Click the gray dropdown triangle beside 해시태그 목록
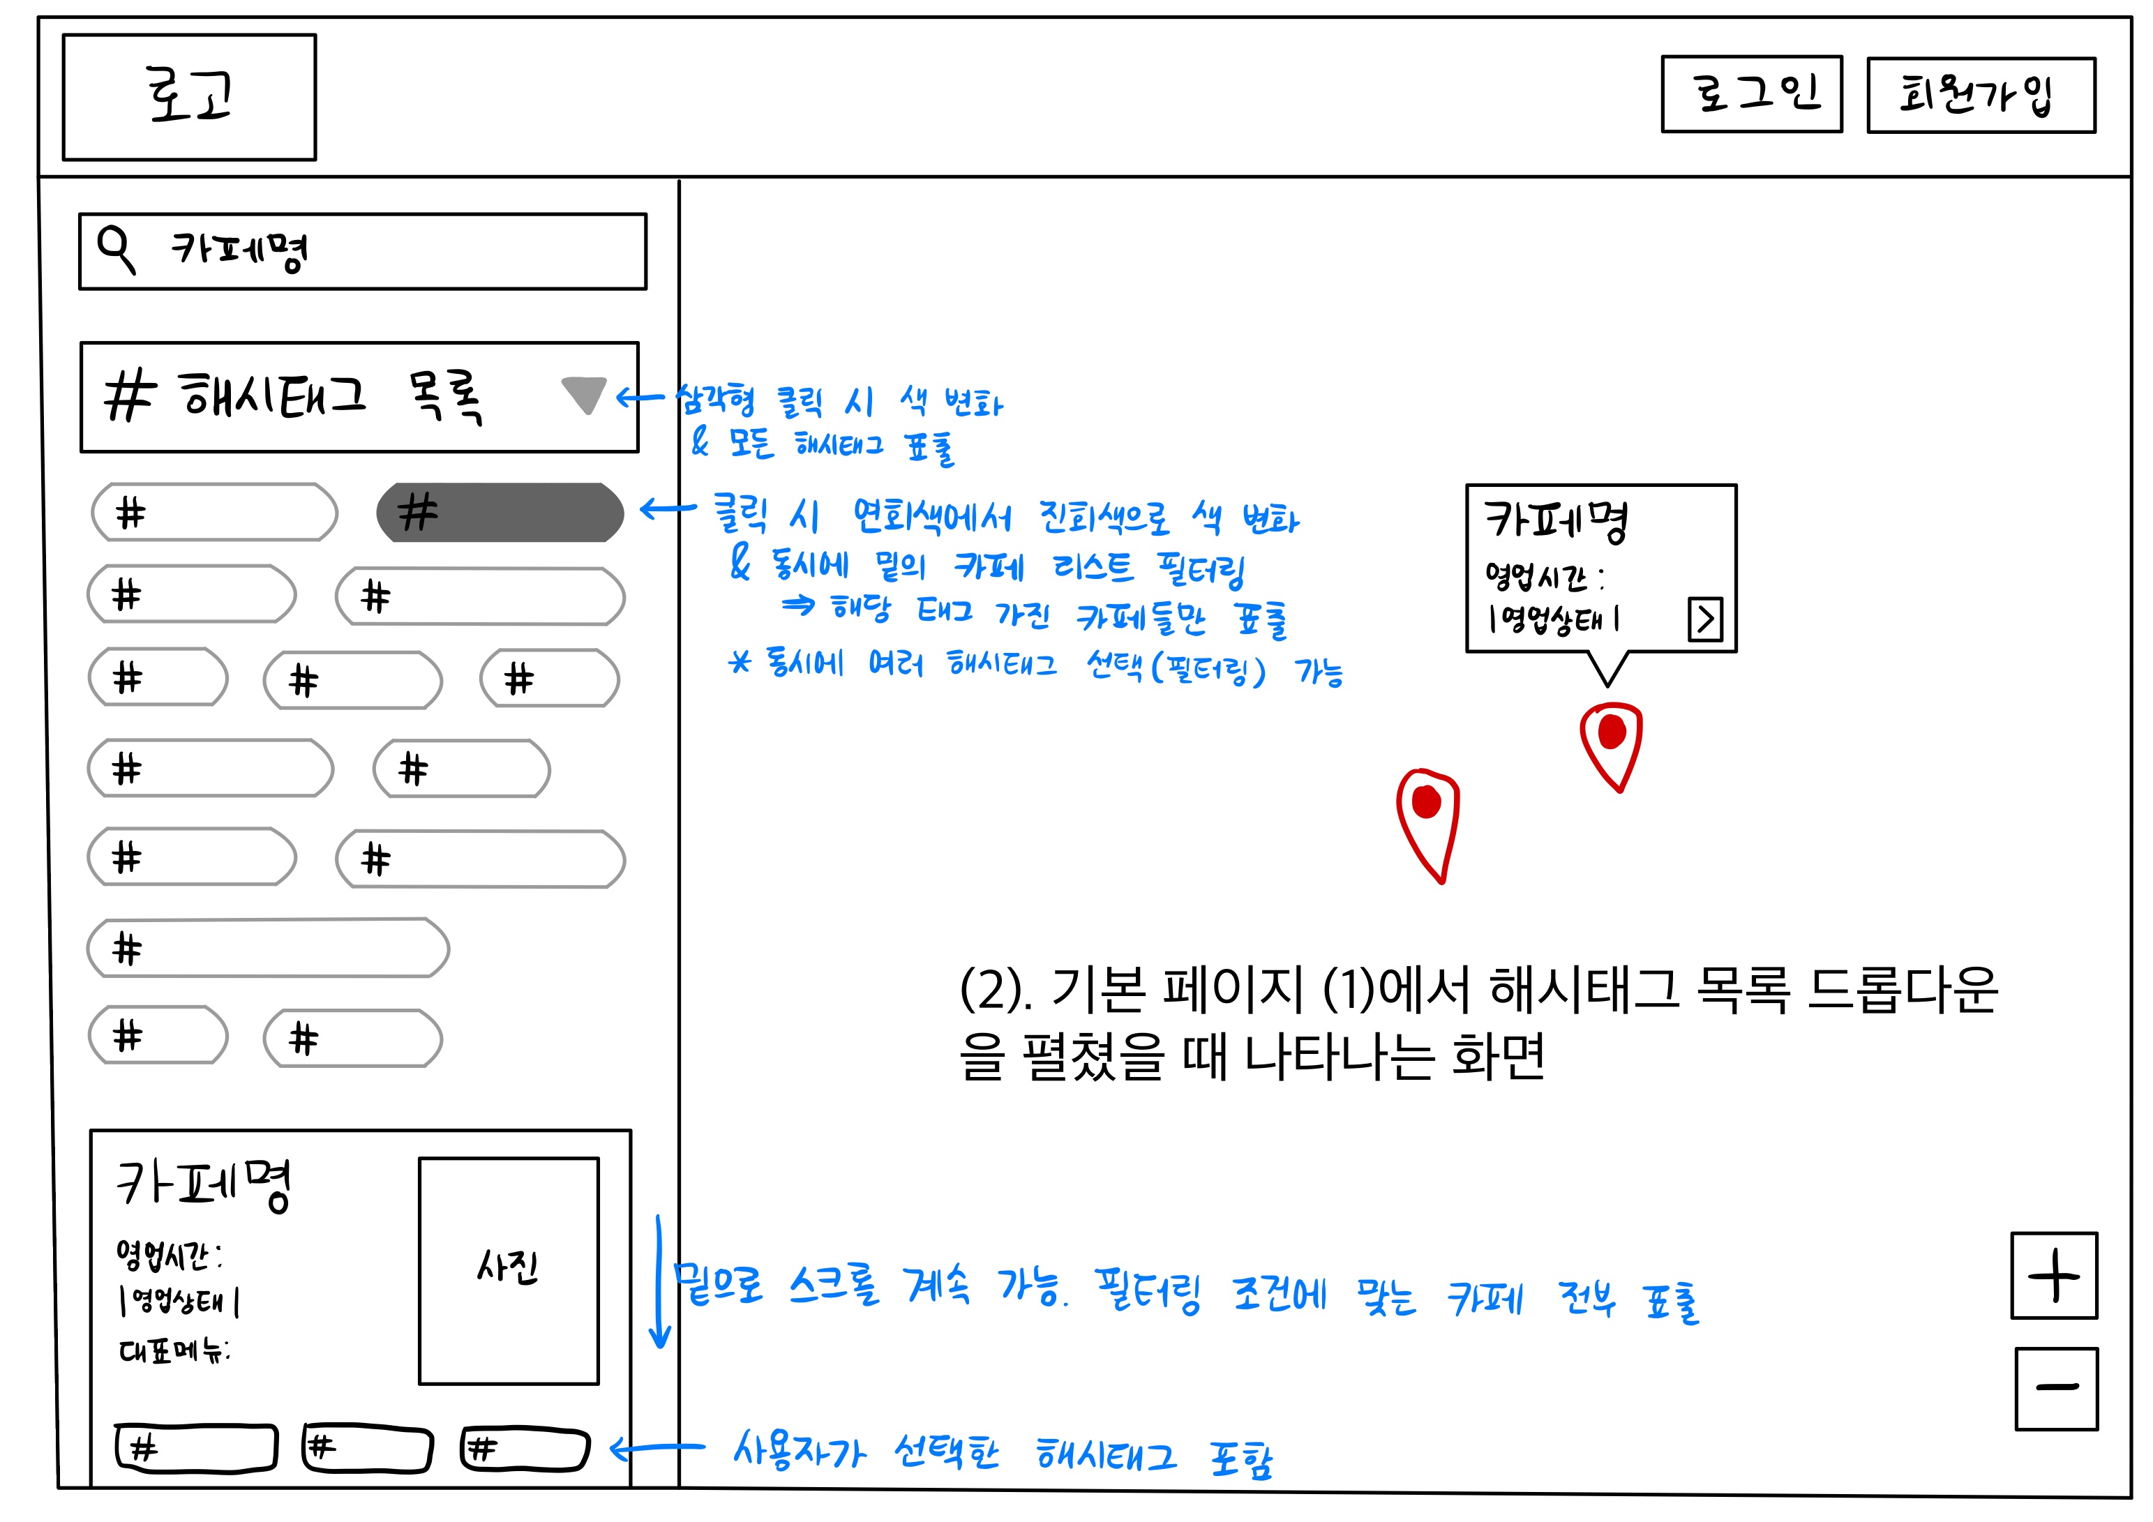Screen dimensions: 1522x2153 coord(583,394)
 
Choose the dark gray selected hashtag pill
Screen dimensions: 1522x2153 coord(500,512)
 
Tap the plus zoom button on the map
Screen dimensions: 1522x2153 coord(2054,1275)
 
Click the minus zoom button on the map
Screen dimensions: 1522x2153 coord(2055,1388)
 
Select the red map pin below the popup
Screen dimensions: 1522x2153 coord(1611,741)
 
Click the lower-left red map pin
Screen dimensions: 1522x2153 coord(1427,816)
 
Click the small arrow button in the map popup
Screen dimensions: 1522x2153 coord(1705,619)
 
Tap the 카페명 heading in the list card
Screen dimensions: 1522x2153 coord(204,1184)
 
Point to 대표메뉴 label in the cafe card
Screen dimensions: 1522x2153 coord(174,1350)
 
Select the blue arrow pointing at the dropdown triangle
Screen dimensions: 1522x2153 coord(640,398)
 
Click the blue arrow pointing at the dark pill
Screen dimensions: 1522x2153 coord(667,509)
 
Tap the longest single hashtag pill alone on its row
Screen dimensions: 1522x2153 coord(268,948)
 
